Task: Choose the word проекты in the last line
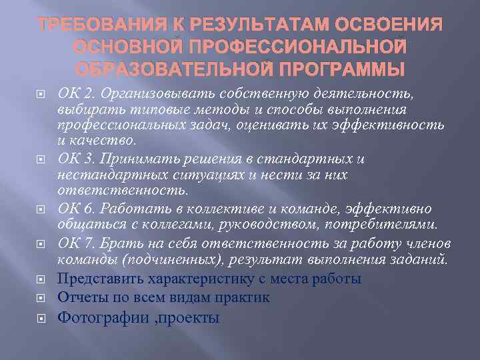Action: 194,318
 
